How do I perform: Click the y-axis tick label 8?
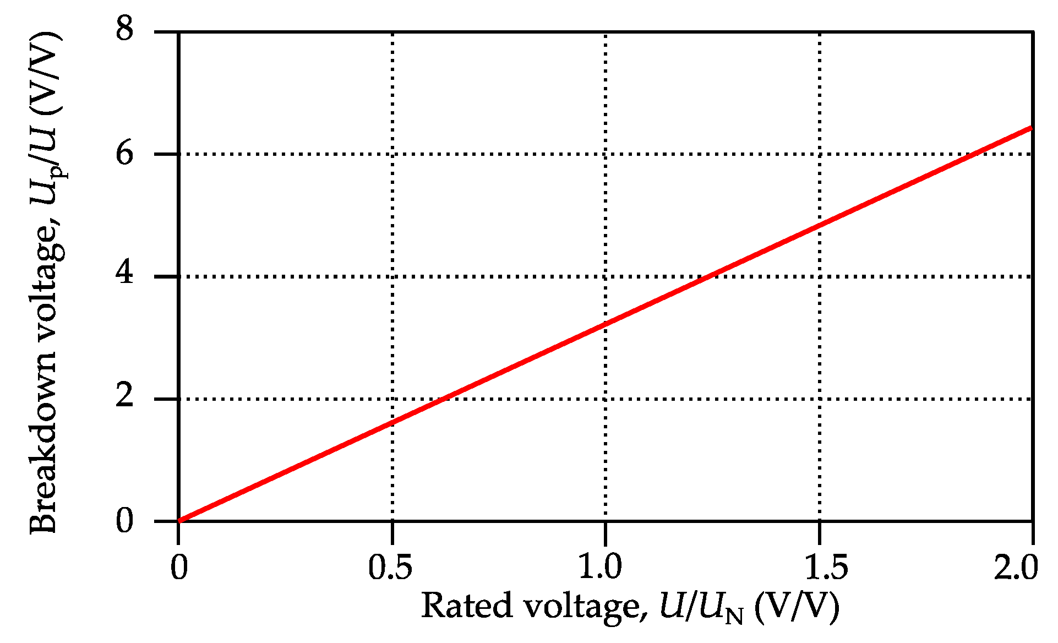click(125, 29)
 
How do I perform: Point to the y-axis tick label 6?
click(125, 152)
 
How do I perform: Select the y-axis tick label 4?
click(125, 274)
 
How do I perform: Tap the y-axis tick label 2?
click(125, 397)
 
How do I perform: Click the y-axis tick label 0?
click(125, 520)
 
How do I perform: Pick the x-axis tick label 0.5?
click(390, 567)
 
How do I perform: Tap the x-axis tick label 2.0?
click(1016, 567)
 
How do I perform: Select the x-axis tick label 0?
click(178, 567)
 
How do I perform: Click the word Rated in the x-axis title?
click(466, 607)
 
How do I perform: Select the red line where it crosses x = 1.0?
click(606, 325)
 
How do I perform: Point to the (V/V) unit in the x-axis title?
click(797, 607)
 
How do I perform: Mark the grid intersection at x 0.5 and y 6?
click(392, 154)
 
